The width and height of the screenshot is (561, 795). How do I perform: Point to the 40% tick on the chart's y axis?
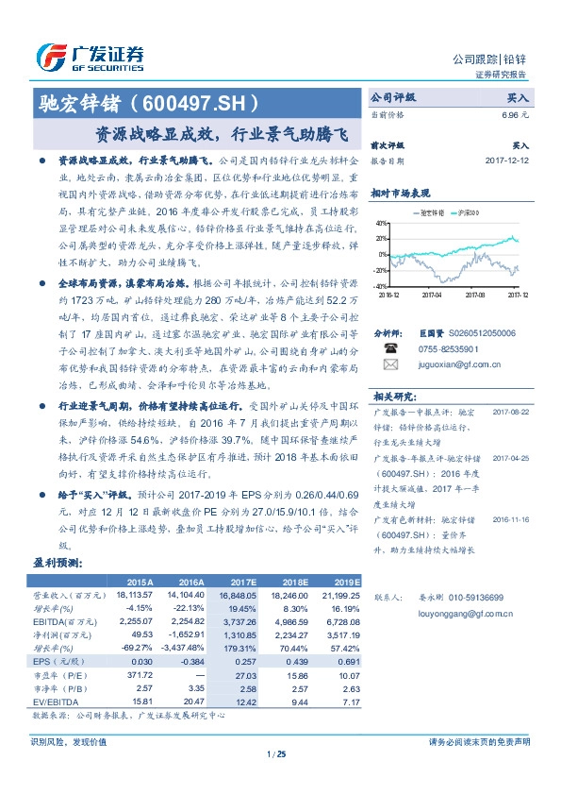tap(381, 224)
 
